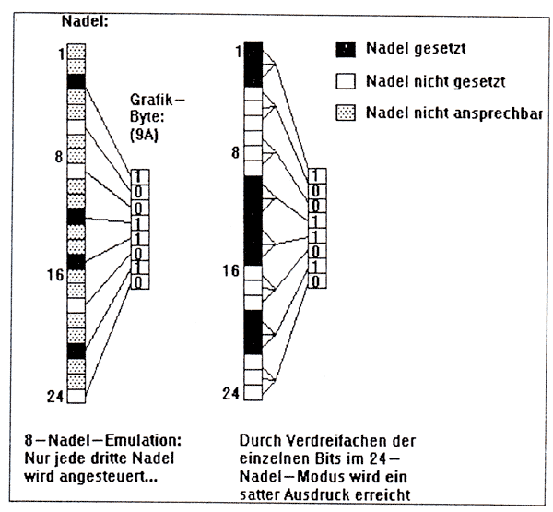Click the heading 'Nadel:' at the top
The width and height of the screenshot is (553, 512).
click(84, 19)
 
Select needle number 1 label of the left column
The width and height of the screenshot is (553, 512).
click(59, 54)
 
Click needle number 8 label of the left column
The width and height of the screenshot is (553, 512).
click(58, 157)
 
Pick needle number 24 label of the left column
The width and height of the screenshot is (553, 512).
click(54, 397)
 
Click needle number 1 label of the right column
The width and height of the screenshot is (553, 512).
click(237, 50)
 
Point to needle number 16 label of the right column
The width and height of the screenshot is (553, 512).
click(232, 270)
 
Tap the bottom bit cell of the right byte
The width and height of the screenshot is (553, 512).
click(316, 280)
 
